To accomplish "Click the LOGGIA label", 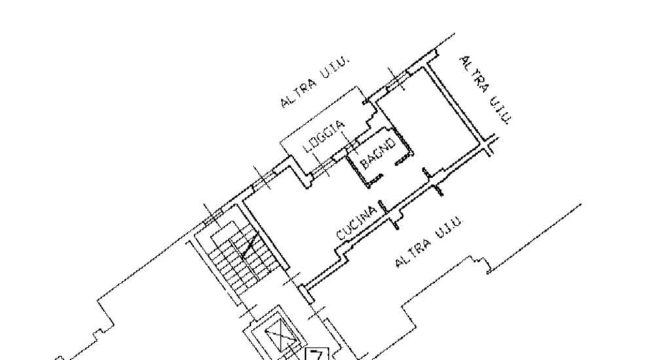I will tap(324, 137).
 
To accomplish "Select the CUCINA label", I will tap(357, 223).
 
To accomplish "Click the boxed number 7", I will tap(316, 355).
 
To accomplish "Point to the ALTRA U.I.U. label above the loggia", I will tap(315, 81).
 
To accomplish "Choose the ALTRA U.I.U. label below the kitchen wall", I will tap(429, 242).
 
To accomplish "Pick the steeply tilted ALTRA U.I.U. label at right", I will tap(485, 89).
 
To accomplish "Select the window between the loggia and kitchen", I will tap(320, 169).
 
